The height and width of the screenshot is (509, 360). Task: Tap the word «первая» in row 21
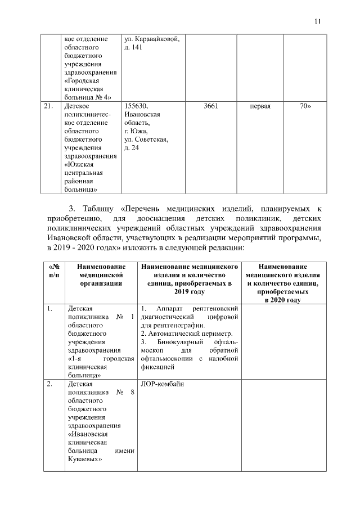point(260,106)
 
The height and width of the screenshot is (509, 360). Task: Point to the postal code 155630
point(136,106)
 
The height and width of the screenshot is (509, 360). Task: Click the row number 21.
point(49,106)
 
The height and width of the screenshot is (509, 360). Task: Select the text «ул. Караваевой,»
point(151,38)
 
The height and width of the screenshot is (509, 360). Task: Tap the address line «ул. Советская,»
point(146,139)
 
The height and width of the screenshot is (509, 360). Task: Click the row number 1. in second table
point(49,308)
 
